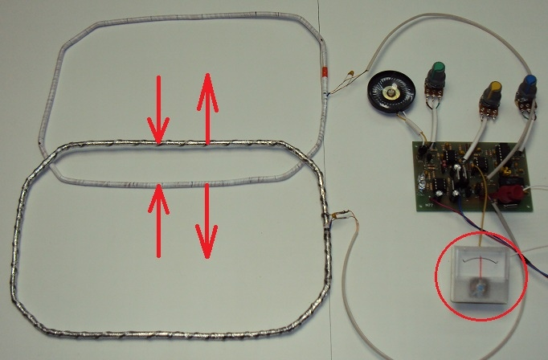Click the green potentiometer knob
tap(438, 71)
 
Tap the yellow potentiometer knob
tap(495, 89)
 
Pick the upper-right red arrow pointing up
tap(207, 107)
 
